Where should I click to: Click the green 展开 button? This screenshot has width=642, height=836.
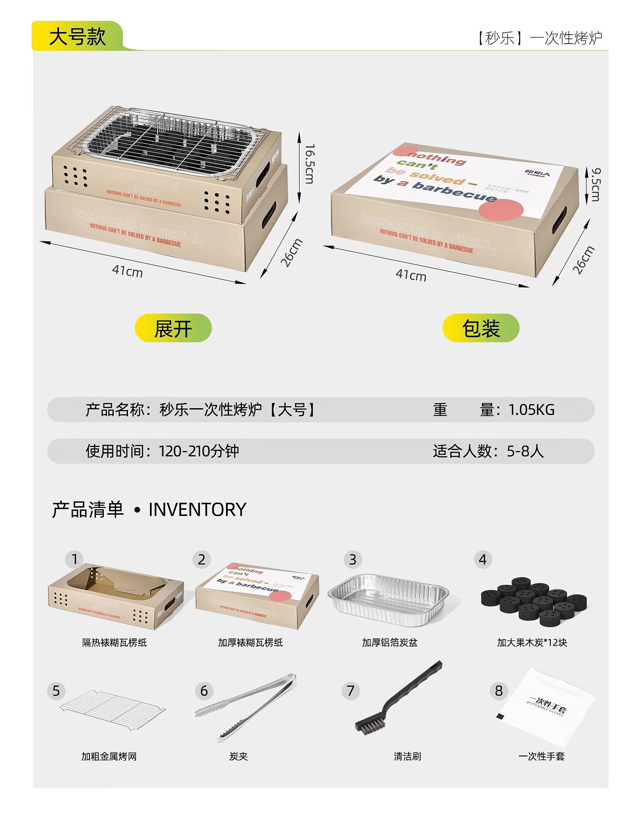click(173, 328)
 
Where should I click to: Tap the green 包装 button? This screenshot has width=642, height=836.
click(481, 328)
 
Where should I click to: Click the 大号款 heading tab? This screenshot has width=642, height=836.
click(77, 36)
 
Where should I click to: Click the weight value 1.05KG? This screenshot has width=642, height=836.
click(531, 410)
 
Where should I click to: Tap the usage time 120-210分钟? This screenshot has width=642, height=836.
click(199, 451)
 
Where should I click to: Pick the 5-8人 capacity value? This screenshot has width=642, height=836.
click(525, 451)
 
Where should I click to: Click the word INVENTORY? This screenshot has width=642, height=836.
click(197, 510)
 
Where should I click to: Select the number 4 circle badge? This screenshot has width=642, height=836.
click(483, 560)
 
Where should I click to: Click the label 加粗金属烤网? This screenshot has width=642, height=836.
click(109, 756)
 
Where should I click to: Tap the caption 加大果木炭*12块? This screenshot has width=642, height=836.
click(532, 643)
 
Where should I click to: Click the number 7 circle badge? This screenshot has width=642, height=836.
click(351, 691)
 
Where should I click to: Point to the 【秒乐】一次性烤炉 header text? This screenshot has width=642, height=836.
click(540, 38)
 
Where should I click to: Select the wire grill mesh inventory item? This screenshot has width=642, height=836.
click(112, 707)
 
